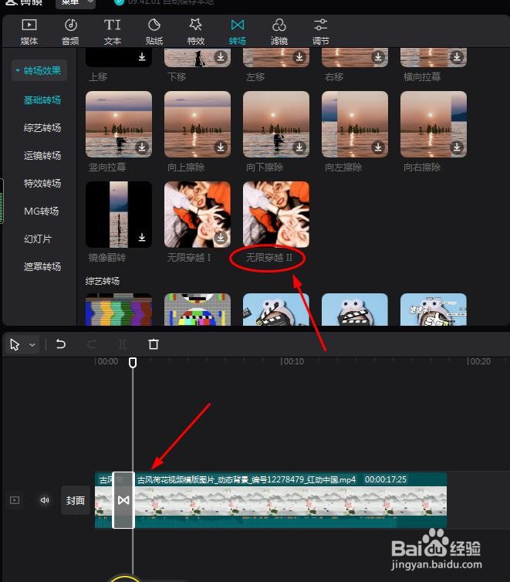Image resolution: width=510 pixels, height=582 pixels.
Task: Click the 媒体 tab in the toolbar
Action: click(29, 32)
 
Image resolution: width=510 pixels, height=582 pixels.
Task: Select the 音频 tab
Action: click(70, 32)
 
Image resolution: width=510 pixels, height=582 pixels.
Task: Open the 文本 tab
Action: click(113, 32)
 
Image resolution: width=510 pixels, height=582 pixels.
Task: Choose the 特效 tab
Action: click(196, 32)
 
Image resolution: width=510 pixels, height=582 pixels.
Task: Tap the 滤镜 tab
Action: click(279, 32)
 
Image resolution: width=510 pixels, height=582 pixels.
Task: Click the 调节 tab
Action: click(321, 32)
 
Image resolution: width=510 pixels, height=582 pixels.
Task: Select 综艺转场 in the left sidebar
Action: click(42, 128)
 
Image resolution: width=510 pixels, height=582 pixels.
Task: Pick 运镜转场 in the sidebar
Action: click(42, 156)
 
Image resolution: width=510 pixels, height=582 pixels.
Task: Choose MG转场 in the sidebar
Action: click(42, 211)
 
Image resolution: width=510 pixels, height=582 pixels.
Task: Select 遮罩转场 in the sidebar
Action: click(42, 267)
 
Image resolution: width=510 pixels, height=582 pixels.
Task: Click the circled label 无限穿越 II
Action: click(269, 258)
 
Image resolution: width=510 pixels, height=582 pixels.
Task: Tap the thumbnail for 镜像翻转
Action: click(118, 215)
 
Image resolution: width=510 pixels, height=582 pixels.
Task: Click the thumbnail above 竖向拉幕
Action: click(118, 124)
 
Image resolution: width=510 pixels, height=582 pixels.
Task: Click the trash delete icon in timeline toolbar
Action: click(154, 344)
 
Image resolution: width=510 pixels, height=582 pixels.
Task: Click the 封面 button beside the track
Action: click(76, 500)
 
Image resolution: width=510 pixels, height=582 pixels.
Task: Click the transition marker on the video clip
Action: click(123, 500)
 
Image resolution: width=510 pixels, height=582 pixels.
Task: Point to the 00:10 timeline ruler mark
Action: click(292, 361)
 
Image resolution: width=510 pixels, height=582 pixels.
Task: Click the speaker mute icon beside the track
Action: click(45, 500)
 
